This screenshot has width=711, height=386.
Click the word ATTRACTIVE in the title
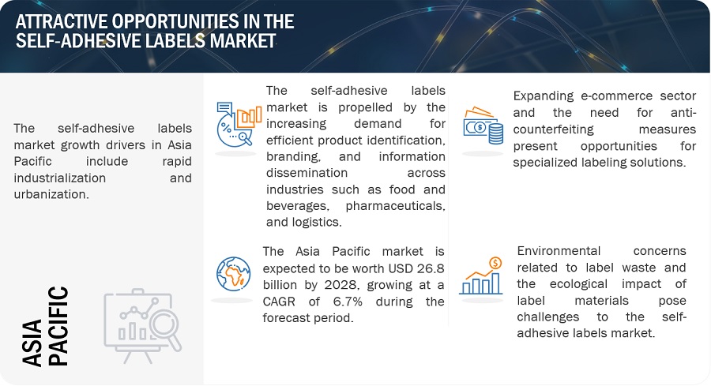coord(61,21)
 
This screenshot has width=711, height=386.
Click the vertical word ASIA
coord(32,343)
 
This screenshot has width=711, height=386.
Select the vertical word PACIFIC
coord(58,326)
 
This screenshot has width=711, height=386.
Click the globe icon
coord(234,274)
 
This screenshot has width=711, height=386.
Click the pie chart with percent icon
coord(239,124)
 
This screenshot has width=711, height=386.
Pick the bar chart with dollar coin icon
coord(481,276)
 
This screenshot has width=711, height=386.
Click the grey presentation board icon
coord(142,326)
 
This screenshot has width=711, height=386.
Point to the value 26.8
coord(431,268)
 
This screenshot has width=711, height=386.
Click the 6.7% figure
coord(348,302)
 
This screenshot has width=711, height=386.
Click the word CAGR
coord(279,302)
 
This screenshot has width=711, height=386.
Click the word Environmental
coord(559,251)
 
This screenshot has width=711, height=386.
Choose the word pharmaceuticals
coord(396,206)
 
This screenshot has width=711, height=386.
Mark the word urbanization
coord(51,194)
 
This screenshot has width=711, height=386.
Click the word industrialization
coord(60,178)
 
